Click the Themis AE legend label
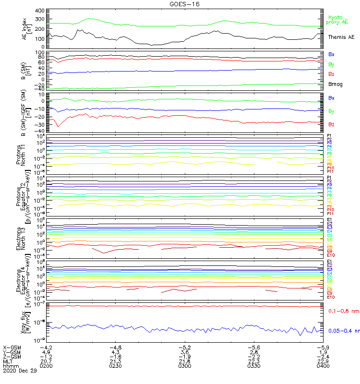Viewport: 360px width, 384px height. [341, 37]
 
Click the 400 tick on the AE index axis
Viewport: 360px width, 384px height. [39, 11]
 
